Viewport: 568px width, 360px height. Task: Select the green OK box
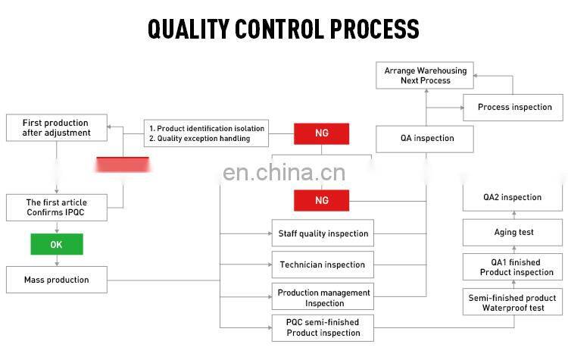click(57, 244)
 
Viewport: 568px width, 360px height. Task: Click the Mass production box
click(57, 280)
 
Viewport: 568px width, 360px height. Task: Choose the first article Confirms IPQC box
click(57, 207)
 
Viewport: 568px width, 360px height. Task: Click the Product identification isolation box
click(207, 133)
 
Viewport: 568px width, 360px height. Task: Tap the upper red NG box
click(322, 134)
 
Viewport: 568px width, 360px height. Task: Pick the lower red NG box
click(322, 200)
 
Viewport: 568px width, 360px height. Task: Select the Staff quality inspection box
click(323, 233)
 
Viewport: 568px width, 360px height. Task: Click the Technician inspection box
click(323, 265)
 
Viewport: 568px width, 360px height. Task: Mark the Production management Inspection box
click(323, 297)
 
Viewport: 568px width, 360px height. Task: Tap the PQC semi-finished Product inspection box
click(323, 327)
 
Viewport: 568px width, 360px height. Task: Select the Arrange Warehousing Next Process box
click(426, 75)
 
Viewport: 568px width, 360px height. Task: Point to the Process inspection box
click(514, 107)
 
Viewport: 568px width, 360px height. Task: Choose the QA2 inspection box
click(513, 197)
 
